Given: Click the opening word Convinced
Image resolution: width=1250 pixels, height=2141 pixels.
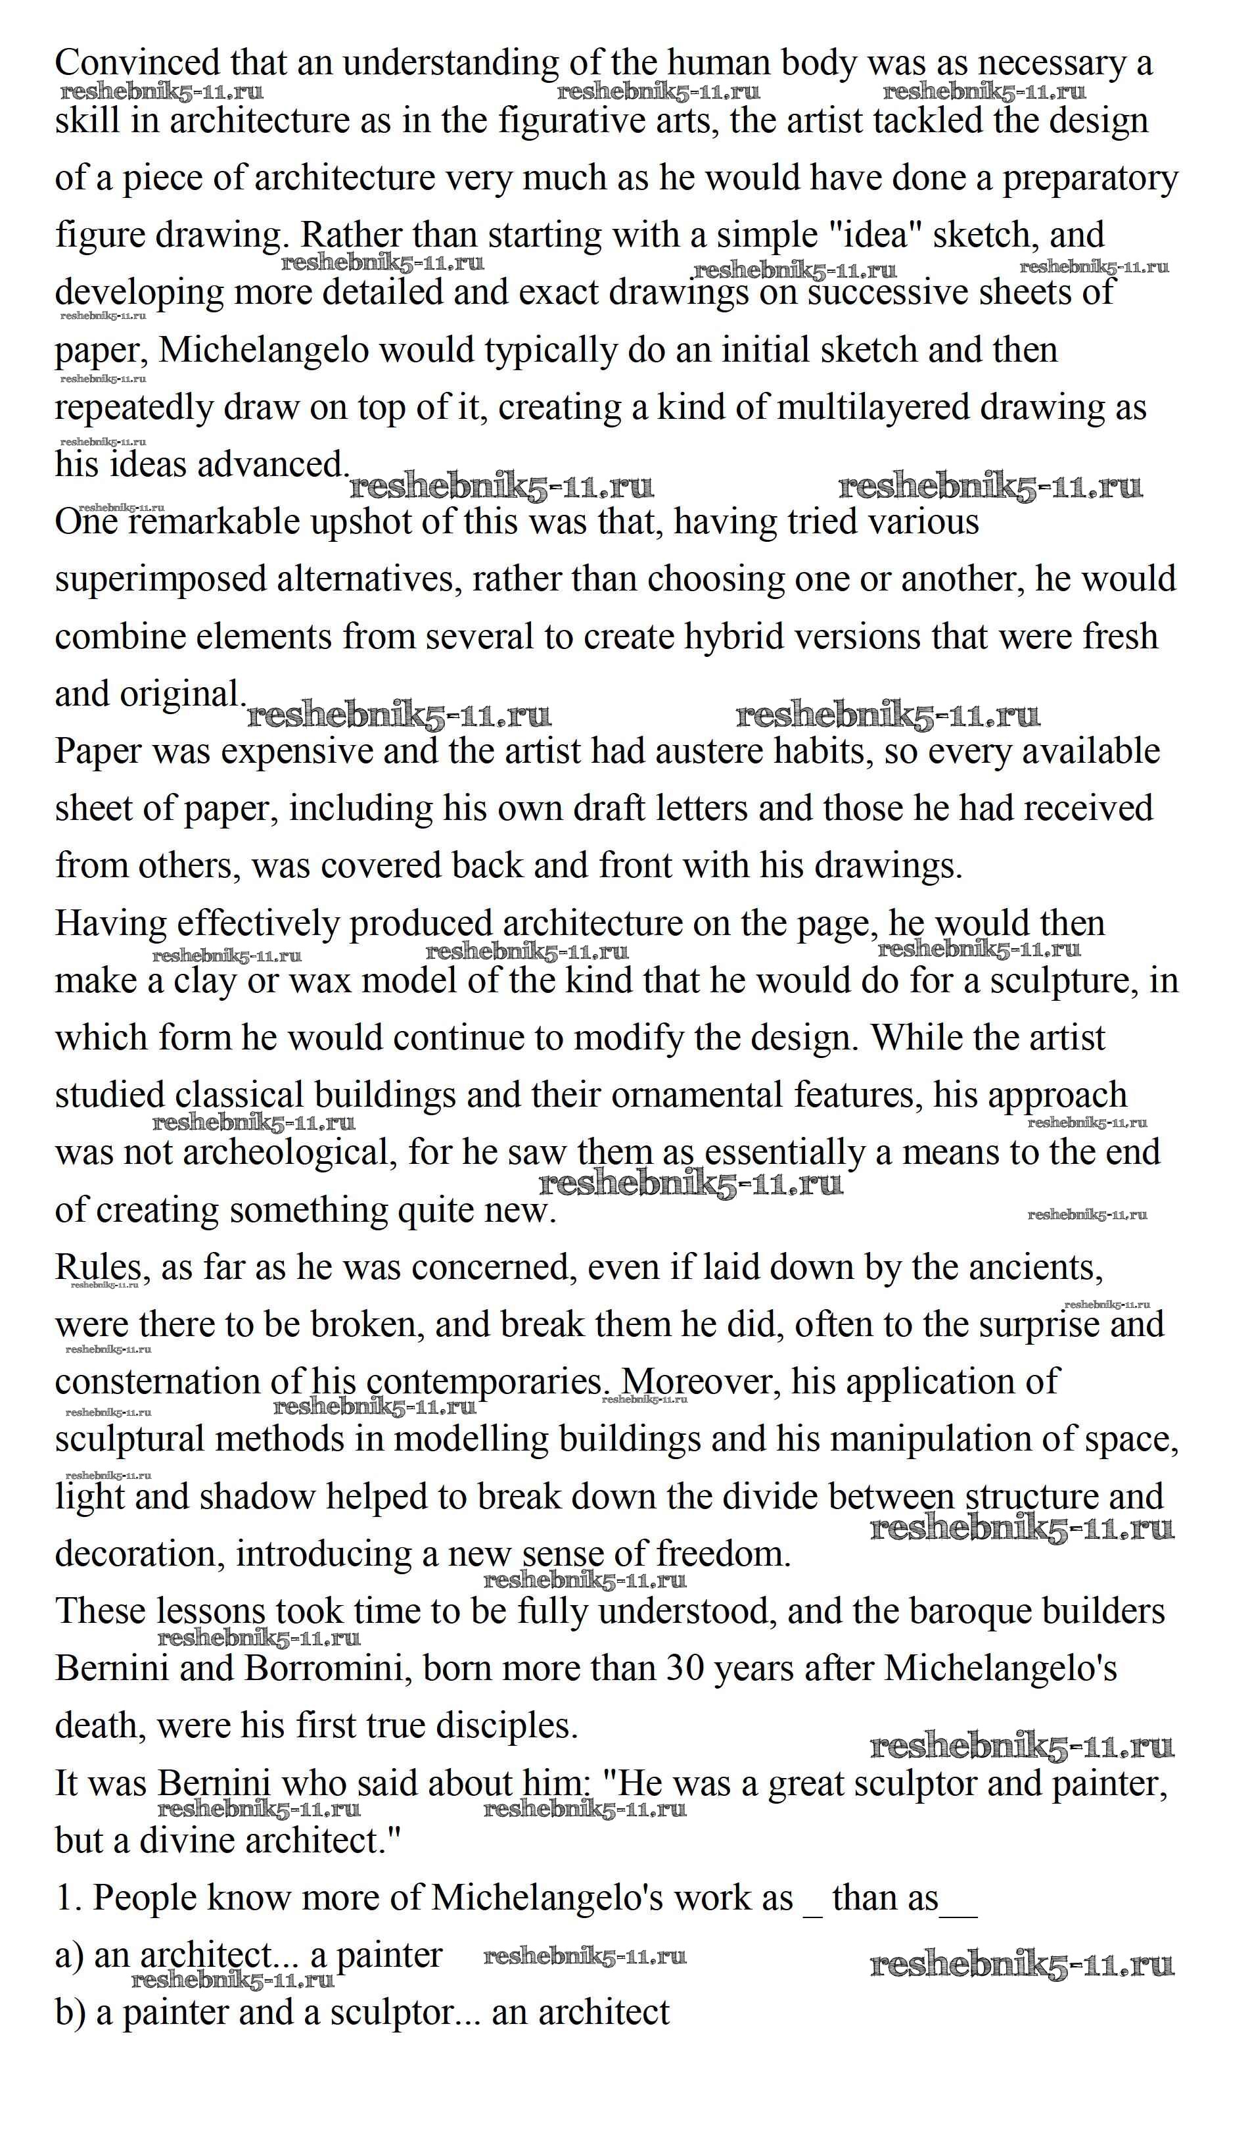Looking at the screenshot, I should point(137,63).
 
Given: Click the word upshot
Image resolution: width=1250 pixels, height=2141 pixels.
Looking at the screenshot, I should point(360,521).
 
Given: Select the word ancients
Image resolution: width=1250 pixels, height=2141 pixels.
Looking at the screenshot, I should point(1035,1268).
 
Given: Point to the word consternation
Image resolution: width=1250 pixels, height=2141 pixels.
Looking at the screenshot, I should point(157,1382).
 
